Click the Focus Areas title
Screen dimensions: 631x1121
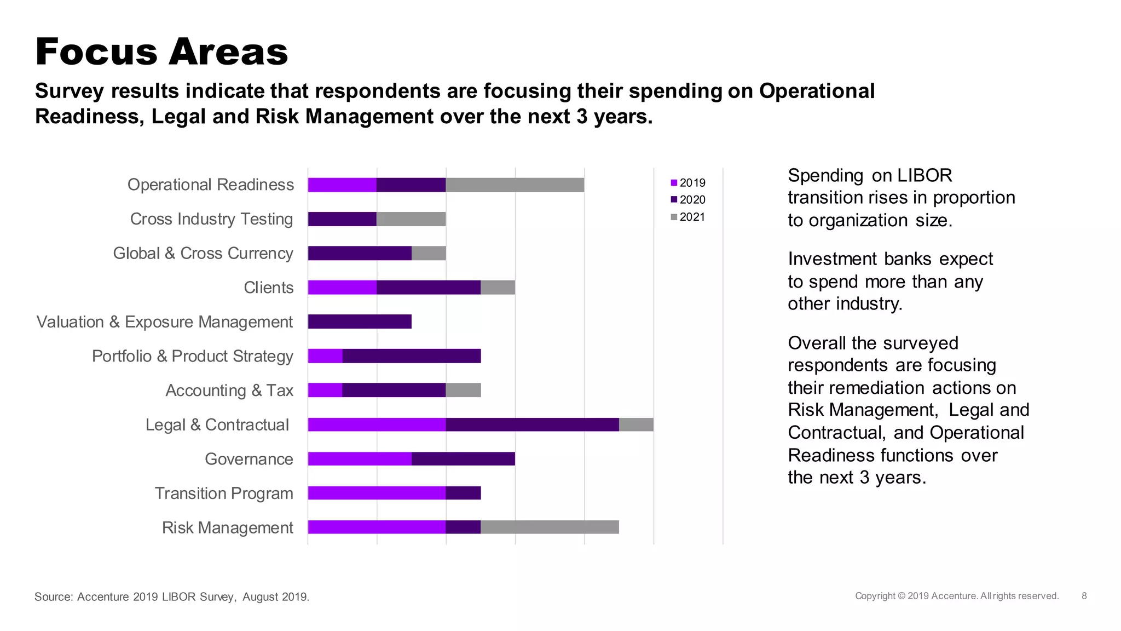[161, 52]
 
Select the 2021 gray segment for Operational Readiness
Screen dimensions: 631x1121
[515, 185]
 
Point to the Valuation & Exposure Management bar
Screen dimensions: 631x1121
[360, 322]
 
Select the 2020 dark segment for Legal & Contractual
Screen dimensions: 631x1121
[532, 425]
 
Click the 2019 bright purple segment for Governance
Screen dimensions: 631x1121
[360, 459]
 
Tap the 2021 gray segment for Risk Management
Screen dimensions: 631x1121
[550, 527]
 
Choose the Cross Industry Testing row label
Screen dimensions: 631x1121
[211, 219]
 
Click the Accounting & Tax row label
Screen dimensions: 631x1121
[229, 391]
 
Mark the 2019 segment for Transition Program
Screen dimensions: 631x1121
[377, 493]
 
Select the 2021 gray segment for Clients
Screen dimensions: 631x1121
[498, 288]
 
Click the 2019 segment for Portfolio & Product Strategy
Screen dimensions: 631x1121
[325, 356]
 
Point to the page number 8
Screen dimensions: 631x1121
[1084, 596]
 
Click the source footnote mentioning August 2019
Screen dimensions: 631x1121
[172, 596]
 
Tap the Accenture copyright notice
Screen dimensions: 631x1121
[956, 596]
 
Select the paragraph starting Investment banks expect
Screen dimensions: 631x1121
[890, 282]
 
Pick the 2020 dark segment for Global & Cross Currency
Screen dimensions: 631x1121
[360, 253]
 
